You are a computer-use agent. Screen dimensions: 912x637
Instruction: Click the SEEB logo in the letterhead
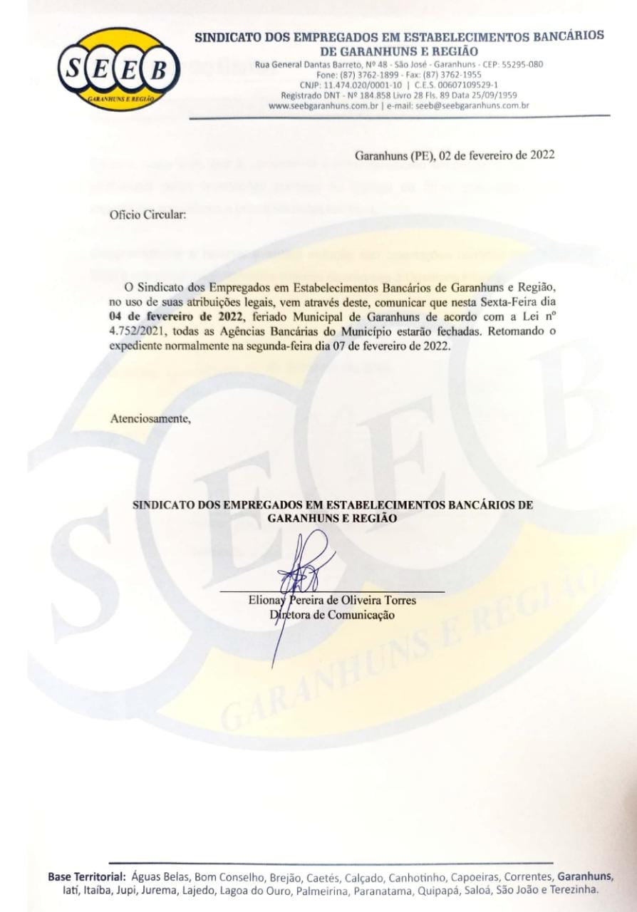(118, 69)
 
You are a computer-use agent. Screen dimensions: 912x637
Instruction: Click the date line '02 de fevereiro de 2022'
(495, 155)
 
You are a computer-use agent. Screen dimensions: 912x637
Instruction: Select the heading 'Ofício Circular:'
(147, 214)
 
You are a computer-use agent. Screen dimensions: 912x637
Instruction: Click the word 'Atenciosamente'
(150, 418)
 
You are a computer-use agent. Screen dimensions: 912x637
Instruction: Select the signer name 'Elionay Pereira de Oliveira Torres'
(332, 601)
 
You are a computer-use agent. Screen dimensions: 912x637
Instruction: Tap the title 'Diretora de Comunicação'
(332, 615)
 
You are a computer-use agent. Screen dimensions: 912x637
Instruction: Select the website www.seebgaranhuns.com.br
(324, 105)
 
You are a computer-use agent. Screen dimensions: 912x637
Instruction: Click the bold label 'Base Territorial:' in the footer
(87, 876)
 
